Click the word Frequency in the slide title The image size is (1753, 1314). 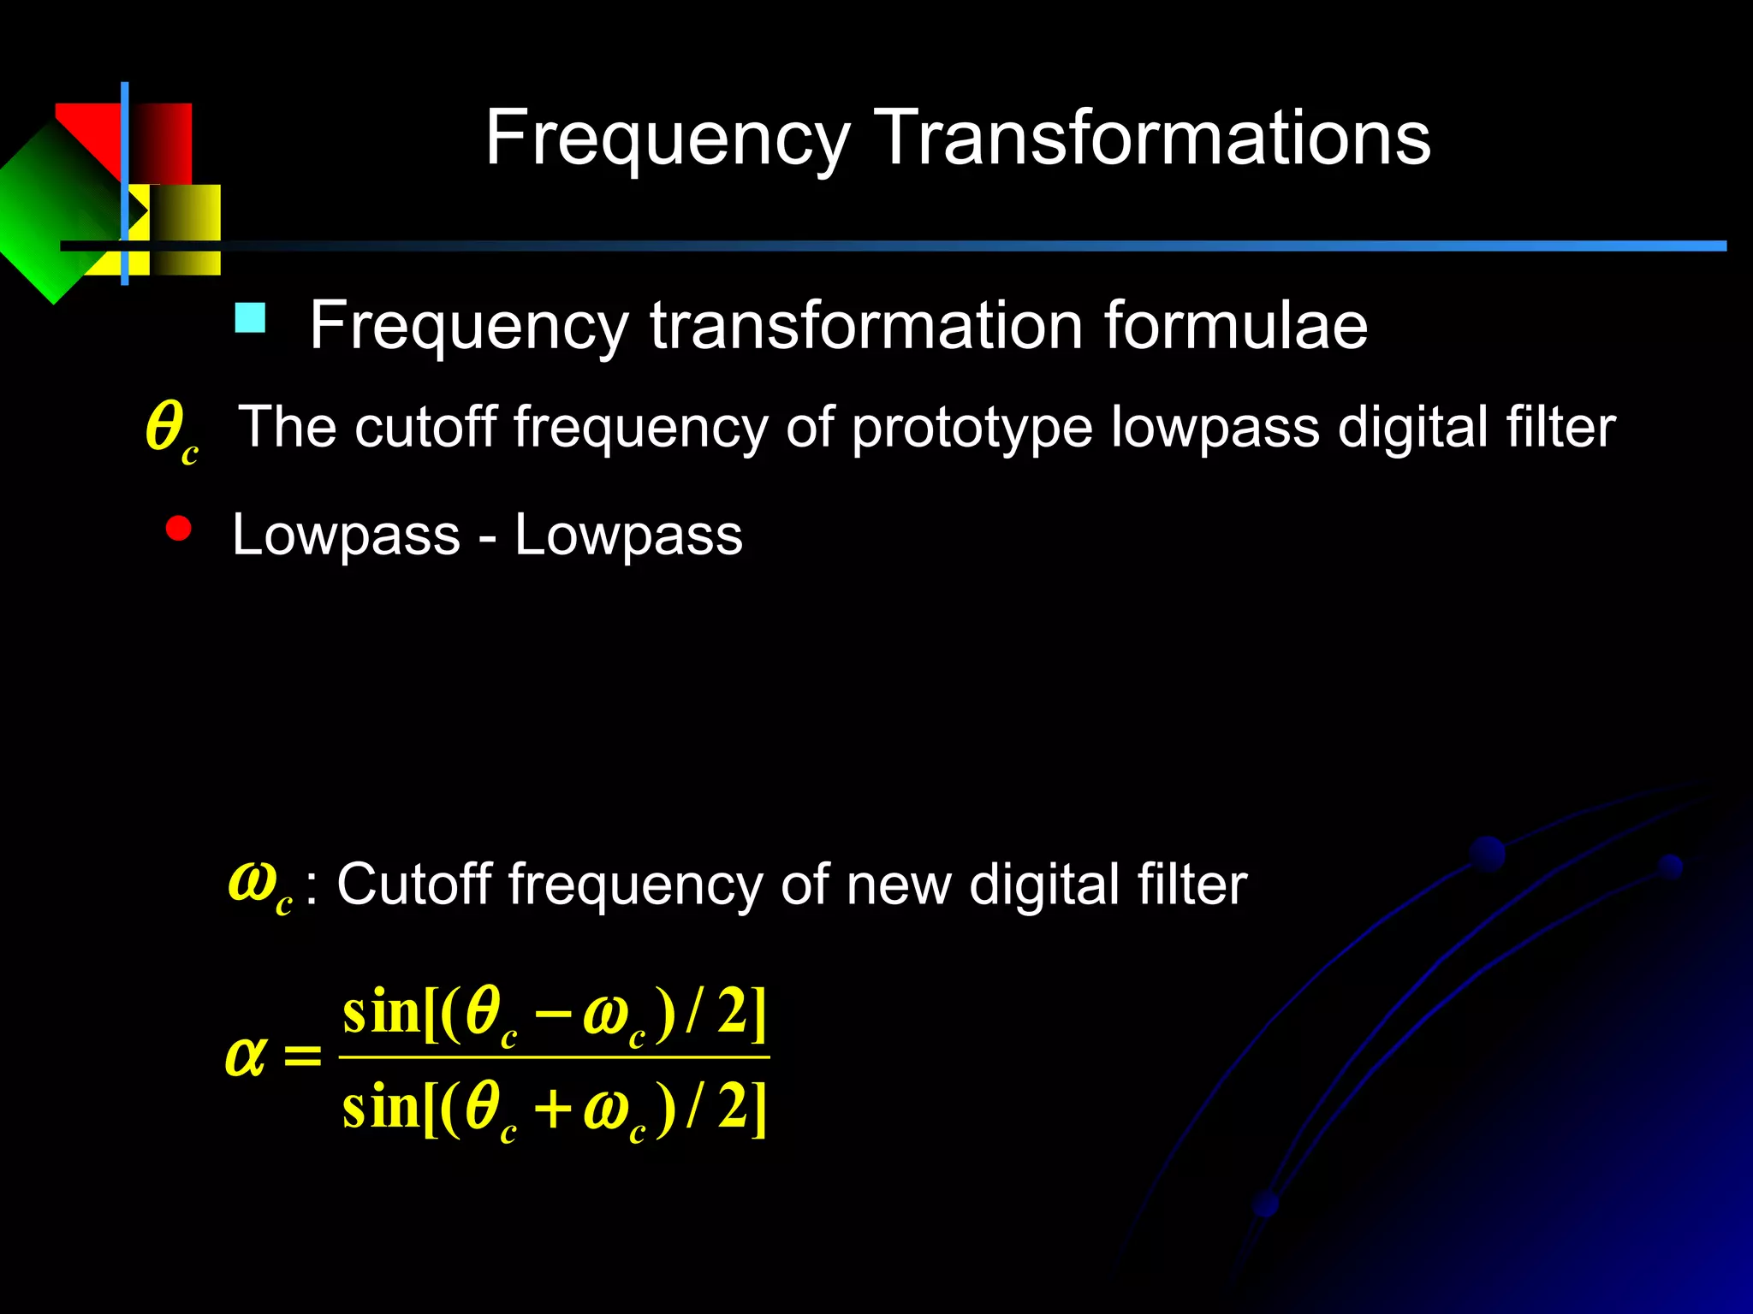[668, 139]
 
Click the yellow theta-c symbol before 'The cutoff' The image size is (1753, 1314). [170, 430]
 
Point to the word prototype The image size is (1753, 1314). [972, 428]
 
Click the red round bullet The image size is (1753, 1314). [178, 529]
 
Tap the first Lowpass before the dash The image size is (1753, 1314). [346, 536]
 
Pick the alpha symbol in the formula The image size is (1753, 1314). [245, 1057]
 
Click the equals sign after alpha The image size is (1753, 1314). [302, 1057]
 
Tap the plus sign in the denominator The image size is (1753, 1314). [552, 1110]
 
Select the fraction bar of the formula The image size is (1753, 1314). [554, 1058]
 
